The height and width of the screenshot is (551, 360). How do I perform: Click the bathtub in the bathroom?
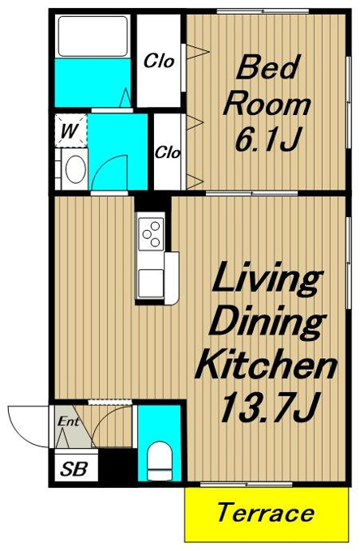(92, 36)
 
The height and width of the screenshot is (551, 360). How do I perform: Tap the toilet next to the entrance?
(159, 460)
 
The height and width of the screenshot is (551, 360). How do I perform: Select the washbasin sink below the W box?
(75, 169)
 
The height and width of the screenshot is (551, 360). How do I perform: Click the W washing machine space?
(71, 130)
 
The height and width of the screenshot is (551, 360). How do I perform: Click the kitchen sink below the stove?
(151, 284)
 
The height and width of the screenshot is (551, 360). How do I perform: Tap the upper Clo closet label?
(159, 61)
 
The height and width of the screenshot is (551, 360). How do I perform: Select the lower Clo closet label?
(168, 152)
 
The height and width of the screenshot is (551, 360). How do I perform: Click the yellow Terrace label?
(266, 513)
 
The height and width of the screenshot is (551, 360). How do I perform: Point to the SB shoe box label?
(74, 469)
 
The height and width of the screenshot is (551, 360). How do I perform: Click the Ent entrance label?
(68, 421)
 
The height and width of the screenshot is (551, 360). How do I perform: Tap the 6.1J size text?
(268, 139)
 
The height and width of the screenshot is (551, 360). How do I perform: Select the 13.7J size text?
(270, 408)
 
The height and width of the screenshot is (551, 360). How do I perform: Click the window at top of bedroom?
(263, 11)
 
